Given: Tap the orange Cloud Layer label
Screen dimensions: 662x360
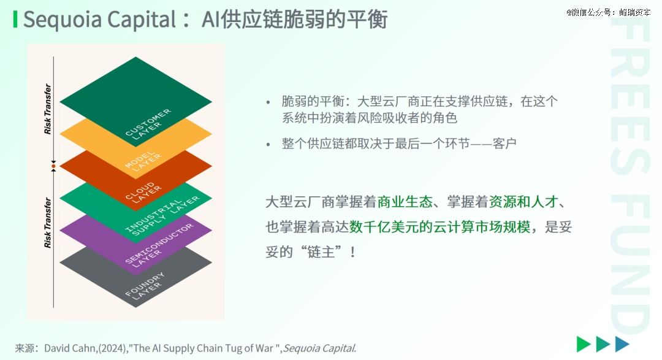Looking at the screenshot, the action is (x=143, y=193).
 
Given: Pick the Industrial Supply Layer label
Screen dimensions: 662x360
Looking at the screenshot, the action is (x=162, y=215).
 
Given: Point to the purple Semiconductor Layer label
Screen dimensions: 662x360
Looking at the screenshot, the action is (x=159, y=245).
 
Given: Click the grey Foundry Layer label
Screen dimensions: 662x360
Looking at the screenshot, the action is (x=145, y=286).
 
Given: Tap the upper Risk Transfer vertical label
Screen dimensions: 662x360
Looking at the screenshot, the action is (x=47, y=109).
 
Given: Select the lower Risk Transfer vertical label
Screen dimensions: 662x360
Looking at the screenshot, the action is (x=47, y=223).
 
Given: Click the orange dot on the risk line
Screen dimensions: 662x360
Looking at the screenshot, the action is (x=53, y=166).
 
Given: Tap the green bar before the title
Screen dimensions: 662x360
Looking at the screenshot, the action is (x=15, y=20).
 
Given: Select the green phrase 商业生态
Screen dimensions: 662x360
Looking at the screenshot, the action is (x=405, y=202).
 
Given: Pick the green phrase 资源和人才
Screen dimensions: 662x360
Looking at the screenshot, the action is (x=523, y=202).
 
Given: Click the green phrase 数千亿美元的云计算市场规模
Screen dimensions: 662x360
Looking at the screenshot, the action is (x=440, y=227).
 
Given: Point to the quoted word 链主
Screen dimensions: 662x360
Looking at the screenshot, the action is (x=321, y=252).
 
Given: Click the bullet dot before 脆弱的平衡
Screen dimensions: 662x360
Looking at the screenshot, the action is (x=268, y=102).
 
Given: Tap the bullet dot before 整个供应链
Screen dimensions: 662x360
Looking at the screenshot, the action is (x=268, y=145).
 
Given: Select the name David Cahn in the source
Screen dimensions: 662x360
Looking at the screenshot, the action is (x=70, y=348).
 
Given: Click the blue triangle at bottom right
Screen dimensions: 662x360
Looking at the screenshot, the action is (x=622, y=344).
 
